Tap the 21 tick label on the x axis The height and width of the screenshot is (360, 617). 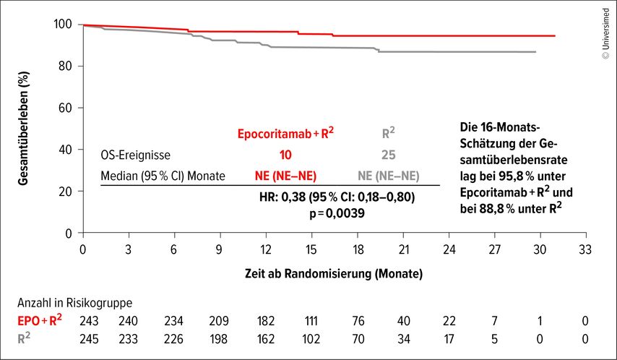point(403,249)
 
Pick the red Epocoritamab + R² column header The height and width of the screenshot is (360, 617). point(286,133)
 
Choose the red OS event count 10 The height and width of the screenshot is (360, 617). point(286,155)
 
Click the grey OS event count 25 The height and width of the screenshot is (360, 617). point(388,155)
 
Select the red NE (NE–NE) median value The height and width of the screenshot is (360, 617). point(286,176)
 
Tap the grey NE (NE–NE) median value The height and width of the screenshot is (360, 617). point(388,176)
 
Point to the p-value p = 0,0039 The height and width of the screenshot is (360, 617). point(337,214)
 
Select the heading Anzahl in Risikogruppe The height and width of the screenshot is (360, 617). point(70,304)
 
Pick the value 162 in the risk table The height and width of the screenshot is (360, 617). point(266,338)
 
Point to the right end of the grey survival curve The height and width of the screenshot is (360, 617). point(535,52)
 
